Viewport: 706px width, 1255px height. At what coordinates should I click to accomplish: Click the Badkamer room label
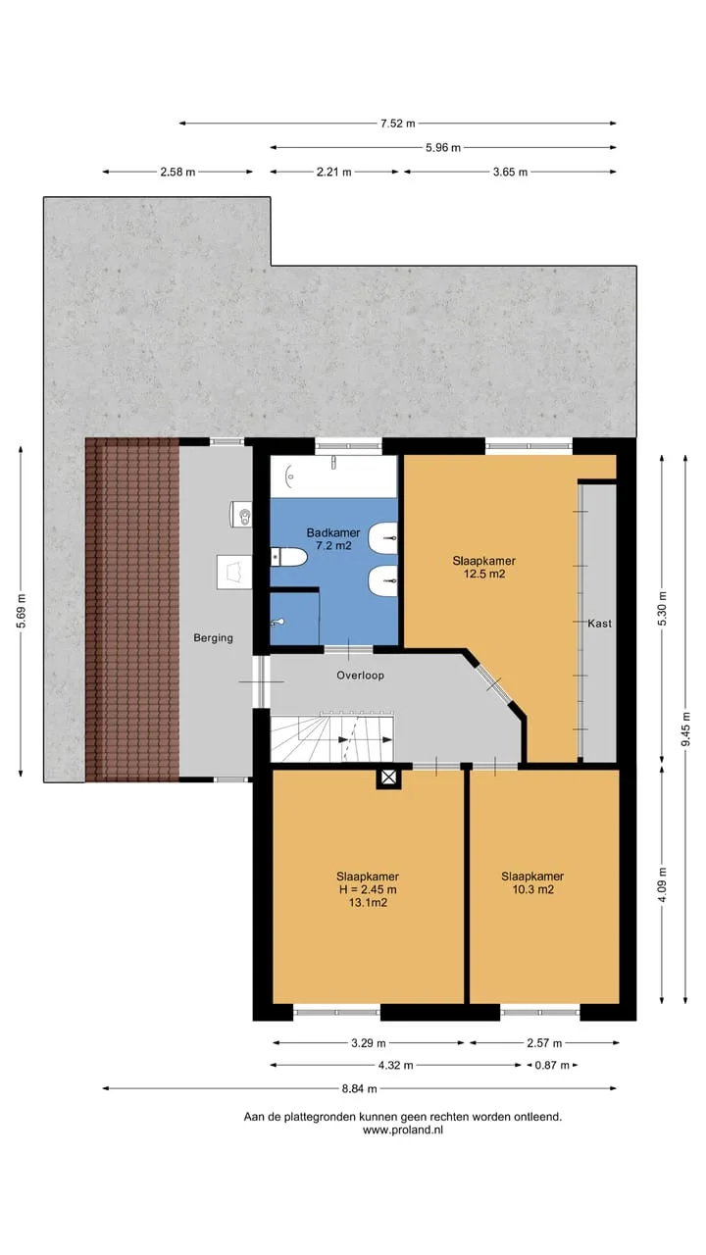[332, 532]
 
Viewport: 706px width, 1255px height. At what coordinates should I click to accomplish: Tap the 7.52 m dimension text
[398, 124]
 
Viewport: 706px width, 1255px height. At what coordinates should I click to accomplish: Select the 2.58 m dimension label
[177, 172]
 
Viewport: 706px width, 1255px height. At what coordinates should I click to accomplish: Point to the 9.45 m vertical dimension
[685, 728]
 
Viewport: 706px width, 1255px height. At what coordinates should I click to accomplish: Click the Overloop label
[360, 676]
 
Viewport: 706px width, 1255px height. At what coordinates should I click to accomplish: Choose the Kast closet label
[599, 623]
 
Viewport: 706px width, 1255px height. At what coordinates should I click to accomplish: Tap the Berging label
[213, 637]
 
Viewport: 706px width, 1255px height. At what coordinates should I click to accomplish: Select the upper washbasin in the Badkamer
[382, 537]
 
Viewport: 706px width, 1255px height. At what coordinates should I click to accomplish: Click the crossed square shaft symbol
[389, 777]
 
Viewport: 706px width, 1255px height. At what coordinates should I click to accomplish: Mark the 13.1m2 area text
[368, 902]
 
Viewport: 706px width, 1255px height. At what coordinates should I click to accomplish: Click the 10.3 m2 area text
[532, 889]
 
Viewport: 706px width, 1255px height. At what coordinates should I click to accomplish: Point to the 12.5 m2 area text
[484, 574]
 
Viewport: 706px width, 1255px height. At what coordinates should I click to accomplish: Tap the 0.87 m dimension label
[551, 1065]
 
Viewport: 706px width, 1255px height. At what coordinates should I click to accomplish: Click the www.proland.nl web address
[402, 1130]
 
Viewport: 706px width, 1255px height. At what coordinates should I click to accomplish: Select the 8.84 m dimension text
[359, 1088]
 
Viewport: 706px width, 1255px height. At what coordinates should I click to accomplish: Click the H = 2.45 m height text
[368, 889]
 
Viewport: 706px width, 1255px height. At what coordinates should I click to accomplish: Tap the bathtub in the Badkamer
[334, 476]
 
